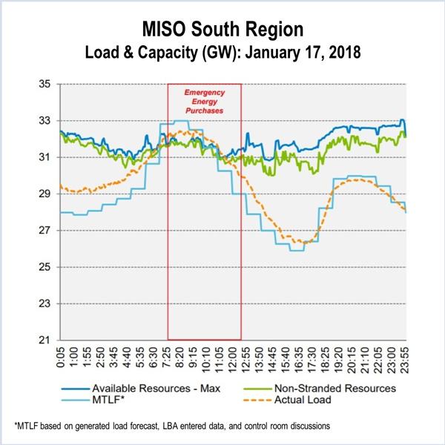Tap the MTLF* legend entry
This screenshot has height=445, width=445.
tap(111, 401)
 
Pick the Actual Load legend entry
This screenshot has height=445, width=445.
tap(306, 401)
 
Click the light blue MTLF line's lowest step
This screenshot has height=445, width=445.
tap(297, 251)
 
